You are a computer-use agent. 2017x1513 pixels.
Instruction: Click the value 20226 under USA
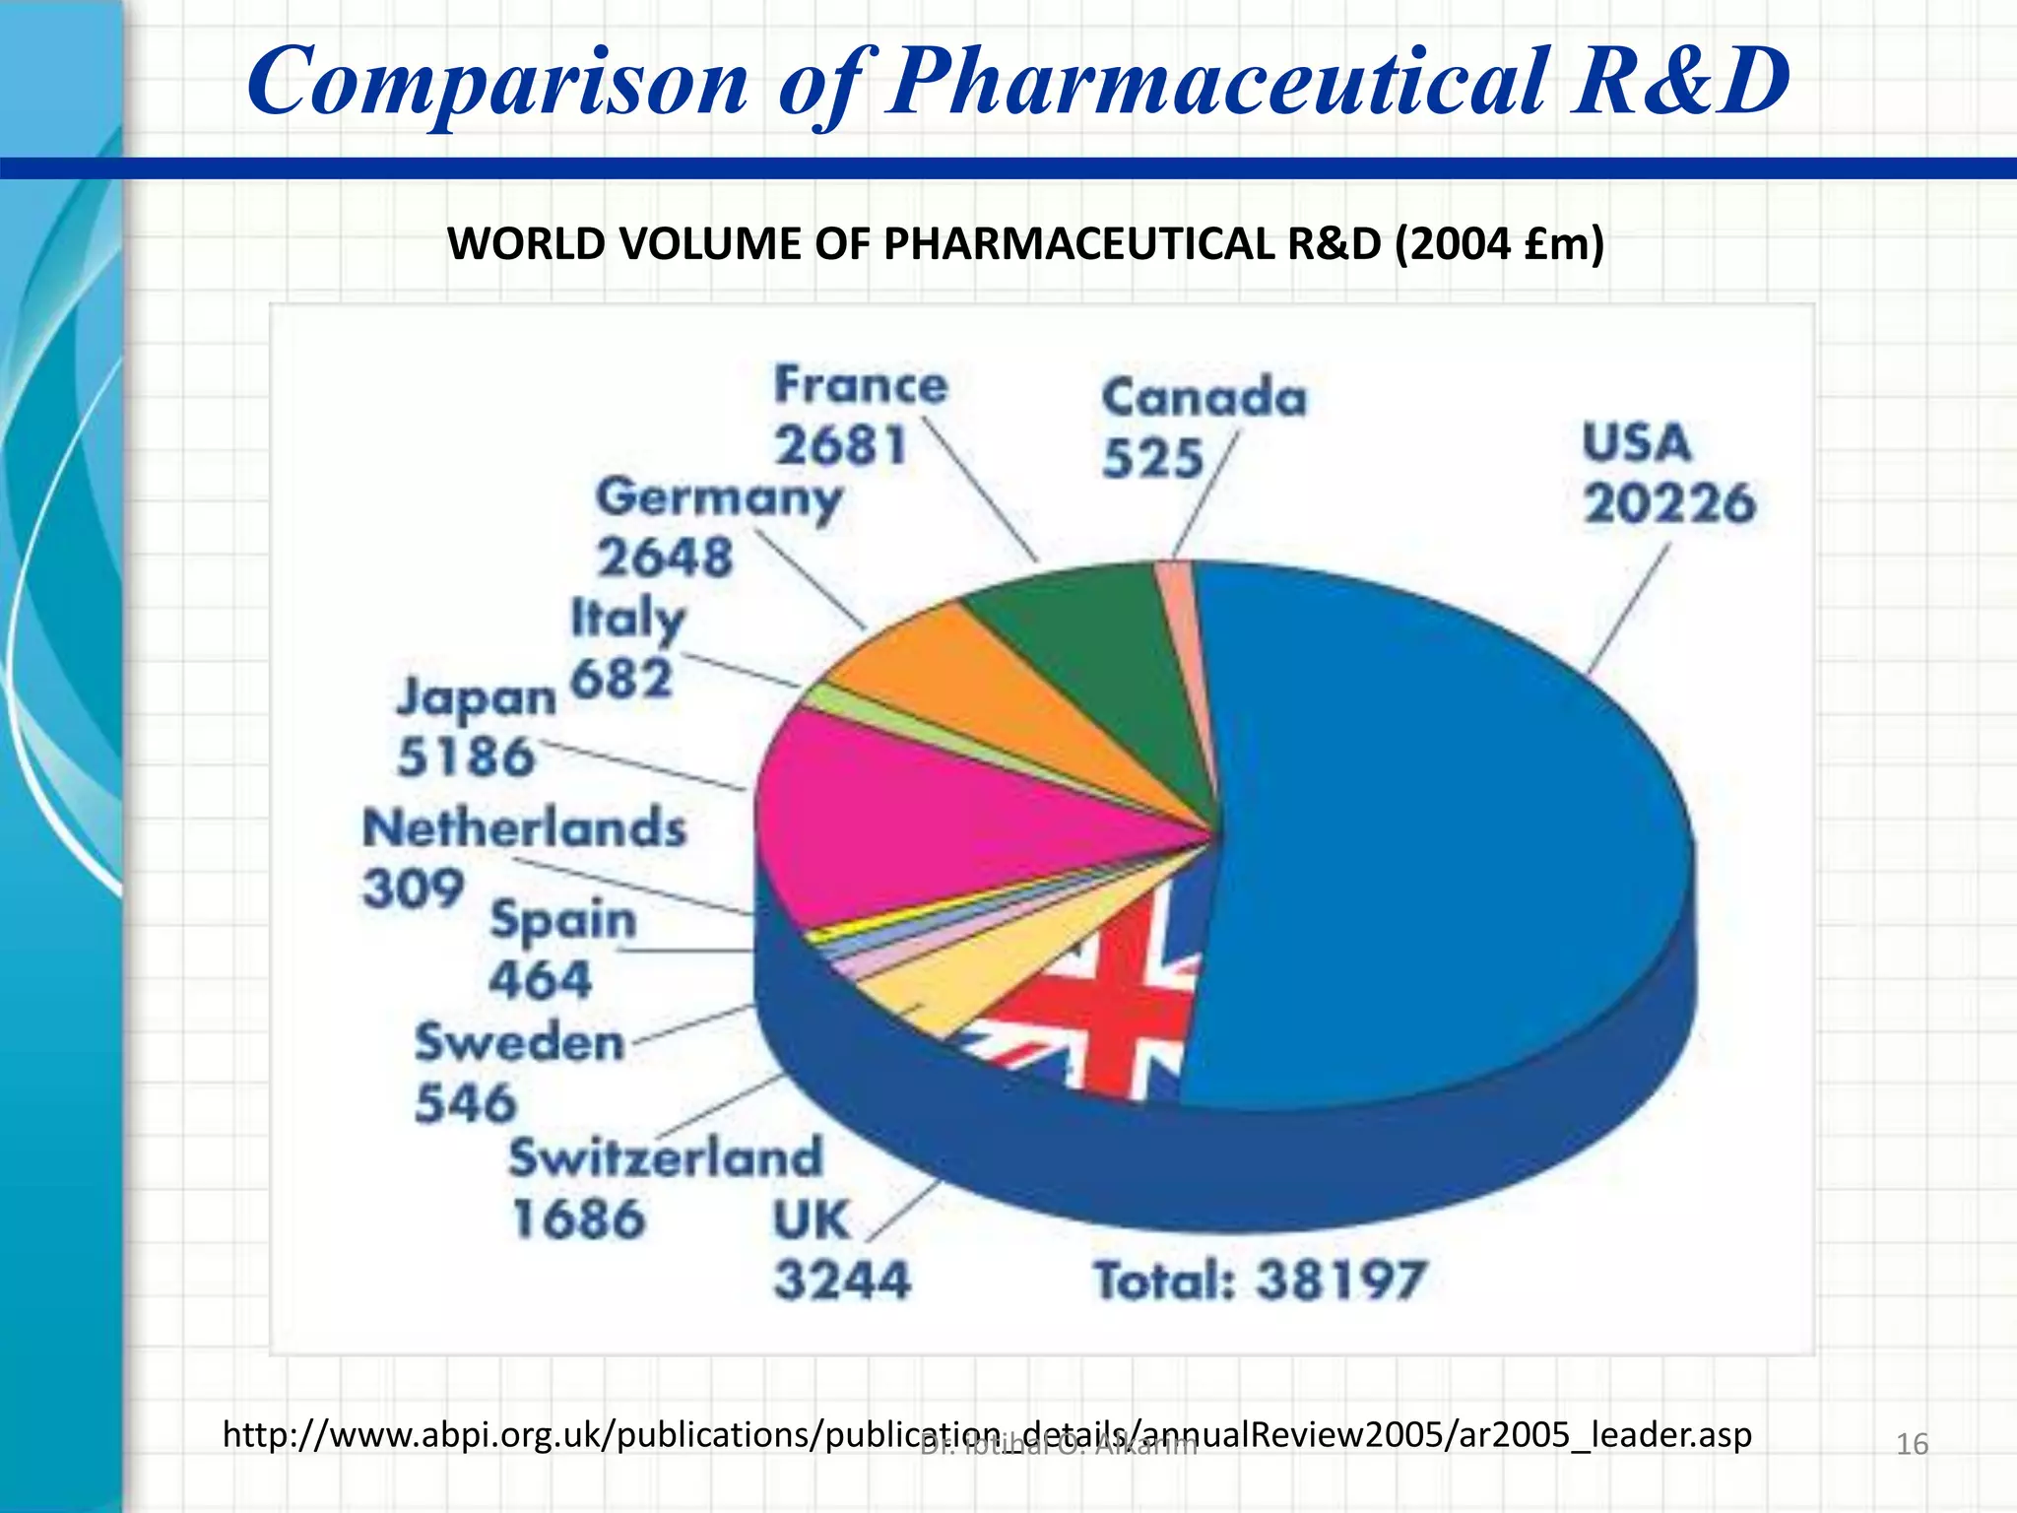pyautogui.click(x=1668, y=503)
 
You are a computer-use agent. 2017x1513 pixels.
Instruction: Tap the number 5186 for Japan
pyautogui.click(x=465, y=757)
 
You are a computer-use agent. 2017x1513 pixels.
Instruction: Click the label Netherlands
pyautogui.click(x=524, y=827)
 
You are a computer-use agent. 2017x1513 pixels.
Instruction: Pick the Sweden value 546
pyautogui.click(x=465, y=1102)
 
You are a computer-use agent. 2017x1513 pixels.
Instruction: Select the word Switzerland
pyautogui.click(x=665, y=1157)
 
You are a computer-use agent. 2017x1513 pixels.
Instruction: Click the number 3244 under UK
pyautogui.click(x=842, y=1281)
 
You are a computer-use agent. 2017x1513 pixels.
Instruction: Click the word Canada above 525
pyautogui.click(x=1204, y=398)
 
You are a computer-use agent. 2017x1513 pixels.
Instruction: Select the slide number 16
pyautogui.click(x=1912, y=1444)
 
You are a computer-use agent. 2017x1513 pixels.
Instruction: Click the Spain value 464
pyautogui.click(x=540, y=980)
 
